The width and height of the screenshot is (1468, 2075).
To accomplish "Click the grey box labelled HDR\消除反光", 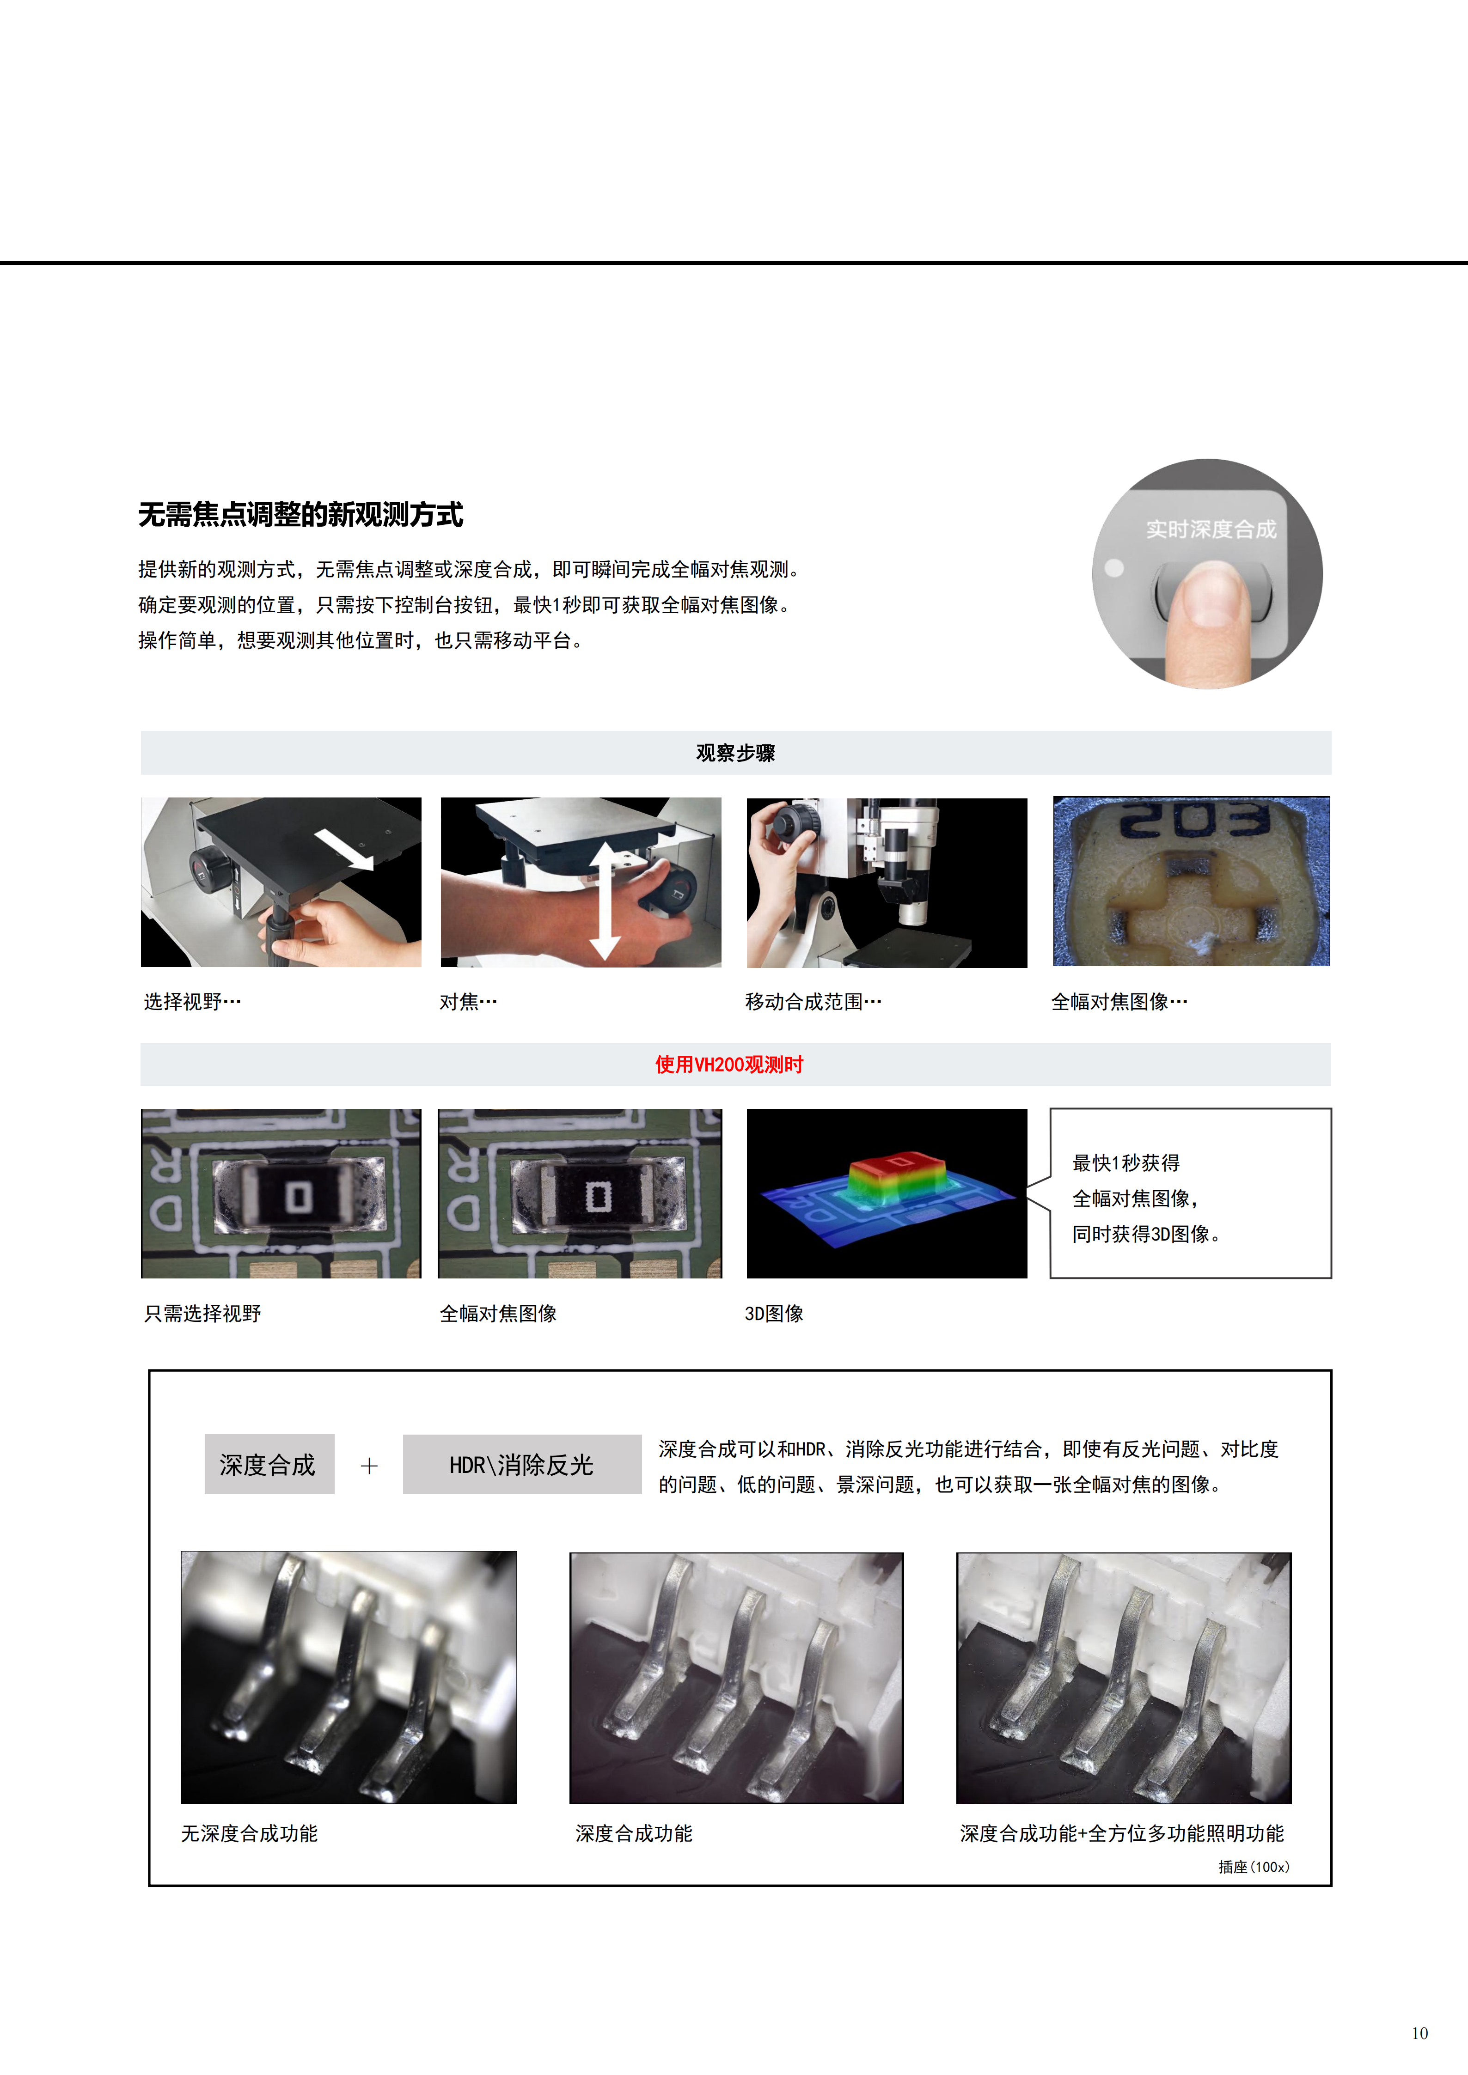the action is point(521,1464).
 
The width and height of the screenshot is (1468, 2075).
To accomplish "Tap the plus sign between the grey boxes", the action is point(369,1466).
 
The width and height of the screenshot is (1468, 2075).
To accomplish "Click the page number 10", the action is point(1419,2033).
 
